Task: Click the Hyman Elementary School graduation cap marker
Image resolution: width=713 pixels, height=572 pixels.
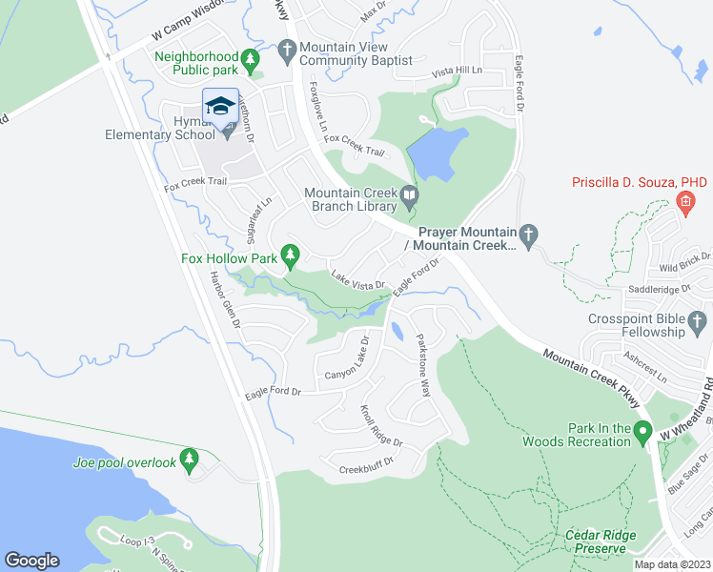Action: coord(220,106)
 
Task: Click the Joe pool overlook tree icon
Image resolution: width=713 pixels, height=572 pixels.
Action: coord(189,461)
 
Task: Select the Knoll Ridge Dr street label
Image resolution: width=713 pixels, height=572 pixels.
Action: coord(381,426)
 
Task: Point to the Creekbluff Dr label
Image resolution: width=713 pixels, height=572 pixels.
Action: coord(366,469)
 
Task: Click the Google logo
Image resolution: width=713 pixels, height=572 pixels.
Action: coord(31,561)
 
